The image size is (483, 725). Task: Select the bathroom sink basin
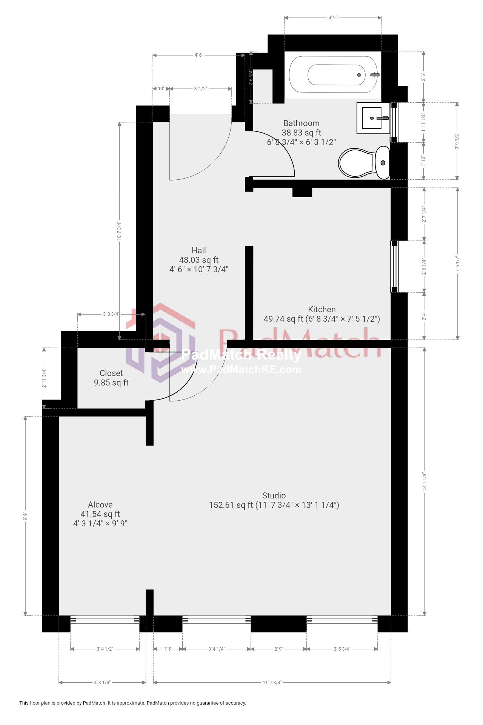372,118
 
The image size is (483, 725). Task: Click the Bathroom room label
301,123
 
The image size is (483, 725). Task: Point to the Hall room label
198,250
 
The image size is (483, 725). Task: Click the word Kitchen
321,309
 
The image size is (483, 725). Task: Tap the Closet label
111,373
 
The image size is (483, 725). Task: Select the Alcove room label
100,504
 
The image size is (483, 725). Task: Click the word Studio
274,495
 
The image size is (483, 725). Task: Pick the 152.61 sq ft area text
231,505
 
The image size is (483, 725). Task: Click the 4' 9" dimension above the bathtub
332,17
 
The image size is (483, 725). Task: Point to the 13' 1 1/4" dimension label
425,481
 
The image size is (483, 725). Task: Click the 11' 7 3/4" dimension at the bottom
272,682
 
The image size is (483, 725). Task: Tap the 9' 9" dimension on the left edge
25,516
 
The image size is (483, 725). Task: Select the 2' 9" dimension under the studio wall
278,649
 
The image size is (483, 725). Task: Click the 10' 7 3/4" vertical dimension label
119,231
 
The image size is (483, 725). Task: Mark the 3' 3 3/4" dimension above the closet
111,314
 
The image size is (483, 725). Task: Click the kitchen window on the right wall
394,267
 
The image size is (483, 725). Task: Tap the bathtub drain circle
359,75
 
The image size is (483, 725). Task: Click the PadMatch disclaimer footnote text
132,703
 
